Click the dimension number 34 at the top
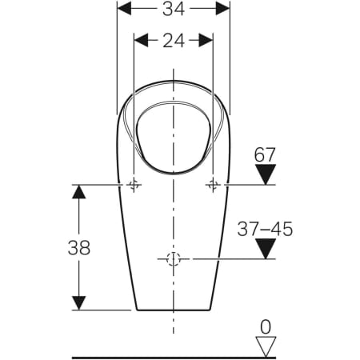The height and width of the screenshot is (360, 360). pos(174,9)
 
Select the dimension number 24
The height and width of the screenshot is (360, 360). pos(174,41)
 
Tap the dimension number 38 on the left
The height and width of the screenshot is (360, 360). pos(79,247)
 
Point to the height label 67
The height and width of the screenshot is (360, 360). pos(265,154)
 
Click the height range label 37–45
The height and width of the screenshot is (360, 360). pos(265,229)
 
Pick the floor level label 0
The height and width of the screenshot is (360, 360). pos(266,327)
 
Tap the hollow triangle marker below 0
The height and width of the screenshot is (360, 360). pos(266,347)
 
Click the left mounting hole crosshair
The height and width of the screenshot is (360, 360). pos(134,185)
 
